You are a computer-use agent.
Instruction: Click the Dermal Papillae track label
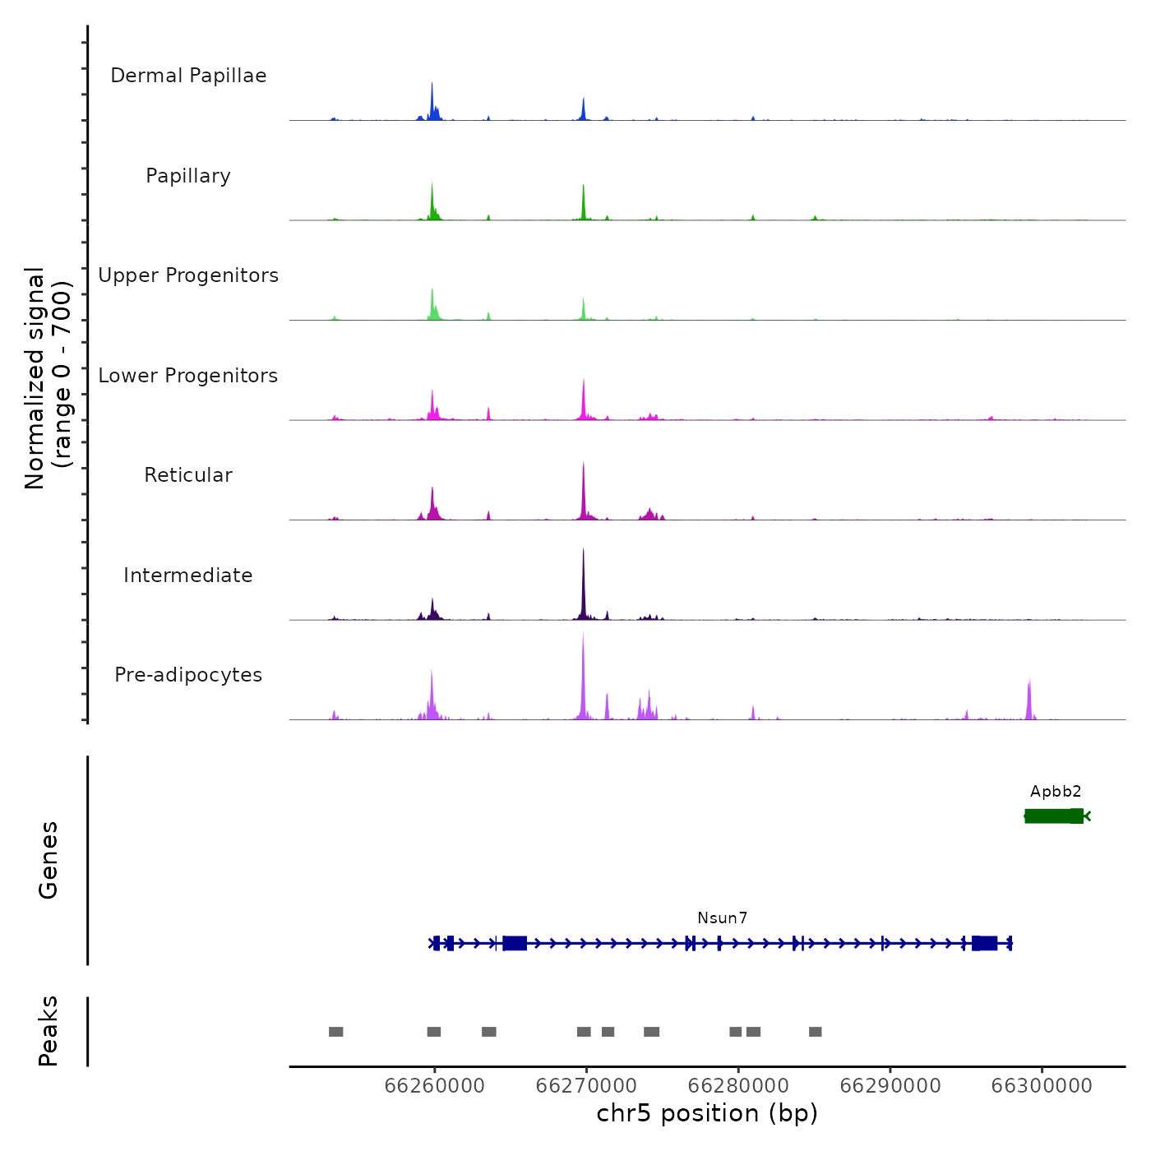pos(188,76)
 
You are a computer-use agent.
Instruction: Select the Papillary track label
pos(188,176)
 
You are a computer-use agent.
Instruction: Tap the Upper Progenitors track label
pos(188,275)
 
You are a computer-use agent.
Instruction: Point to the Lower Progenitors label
pos(188,376)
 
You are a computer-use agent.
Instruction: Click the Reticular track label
pos(188,475)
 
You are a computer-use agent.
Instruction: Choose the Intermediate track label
pos(188,575)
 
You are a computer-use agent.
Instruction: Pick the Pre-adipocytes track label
pos(188,675)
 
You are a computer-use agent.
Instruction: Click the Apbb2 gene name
pos(1056,792)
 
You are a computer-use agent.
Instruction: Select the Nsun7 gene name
pos(723,918)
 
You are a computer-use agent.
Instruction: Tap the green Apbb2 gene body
pos(1054,816)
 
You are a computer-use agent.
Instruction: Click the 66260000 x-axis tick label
pos(434,1086)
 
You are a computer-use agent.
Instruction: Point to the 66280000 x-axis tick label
pos(738,1086)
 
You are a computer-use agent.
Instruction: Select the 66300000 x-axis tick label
pos(1042,1086)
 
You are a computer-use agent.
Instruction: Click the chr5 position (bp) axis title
pos(707,1114)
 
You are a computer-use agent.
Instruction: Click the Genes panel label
pos(49,860)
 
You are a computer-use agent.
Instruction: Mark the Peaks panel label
pos(49,1031)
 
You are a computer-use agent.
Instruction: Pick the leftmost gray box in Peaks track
pos(336,1032)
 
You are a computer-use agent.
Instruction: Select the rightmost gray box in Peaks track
pos(816,1032)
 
